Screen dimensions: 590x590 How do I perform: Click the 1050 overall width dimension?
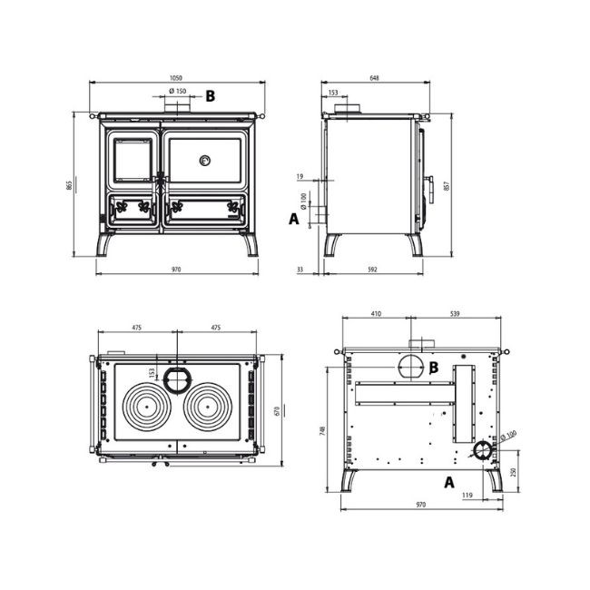click(x=175, y=78)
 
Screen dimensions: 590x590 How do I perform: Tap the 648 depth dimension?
click(x=375, y=78)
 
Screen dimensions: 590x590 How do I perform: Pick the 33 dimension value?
click(x=300, y=270)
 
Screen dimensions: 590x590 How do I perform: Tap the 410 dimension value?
click(x=376, y=313)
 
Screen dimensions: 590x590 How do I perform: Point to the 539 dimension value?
click(x=455, y=313)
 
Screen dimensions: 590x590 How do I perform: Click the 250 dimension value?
click(x=515, y=473)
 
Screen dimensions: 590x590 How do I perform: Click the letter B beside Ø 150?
click(x=211, y=94)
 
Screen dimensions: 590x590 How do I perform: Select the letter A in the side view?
click(x=293, y=218)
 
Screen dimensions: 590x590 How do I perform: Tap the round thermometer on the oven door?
click(x=204, y=162)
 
